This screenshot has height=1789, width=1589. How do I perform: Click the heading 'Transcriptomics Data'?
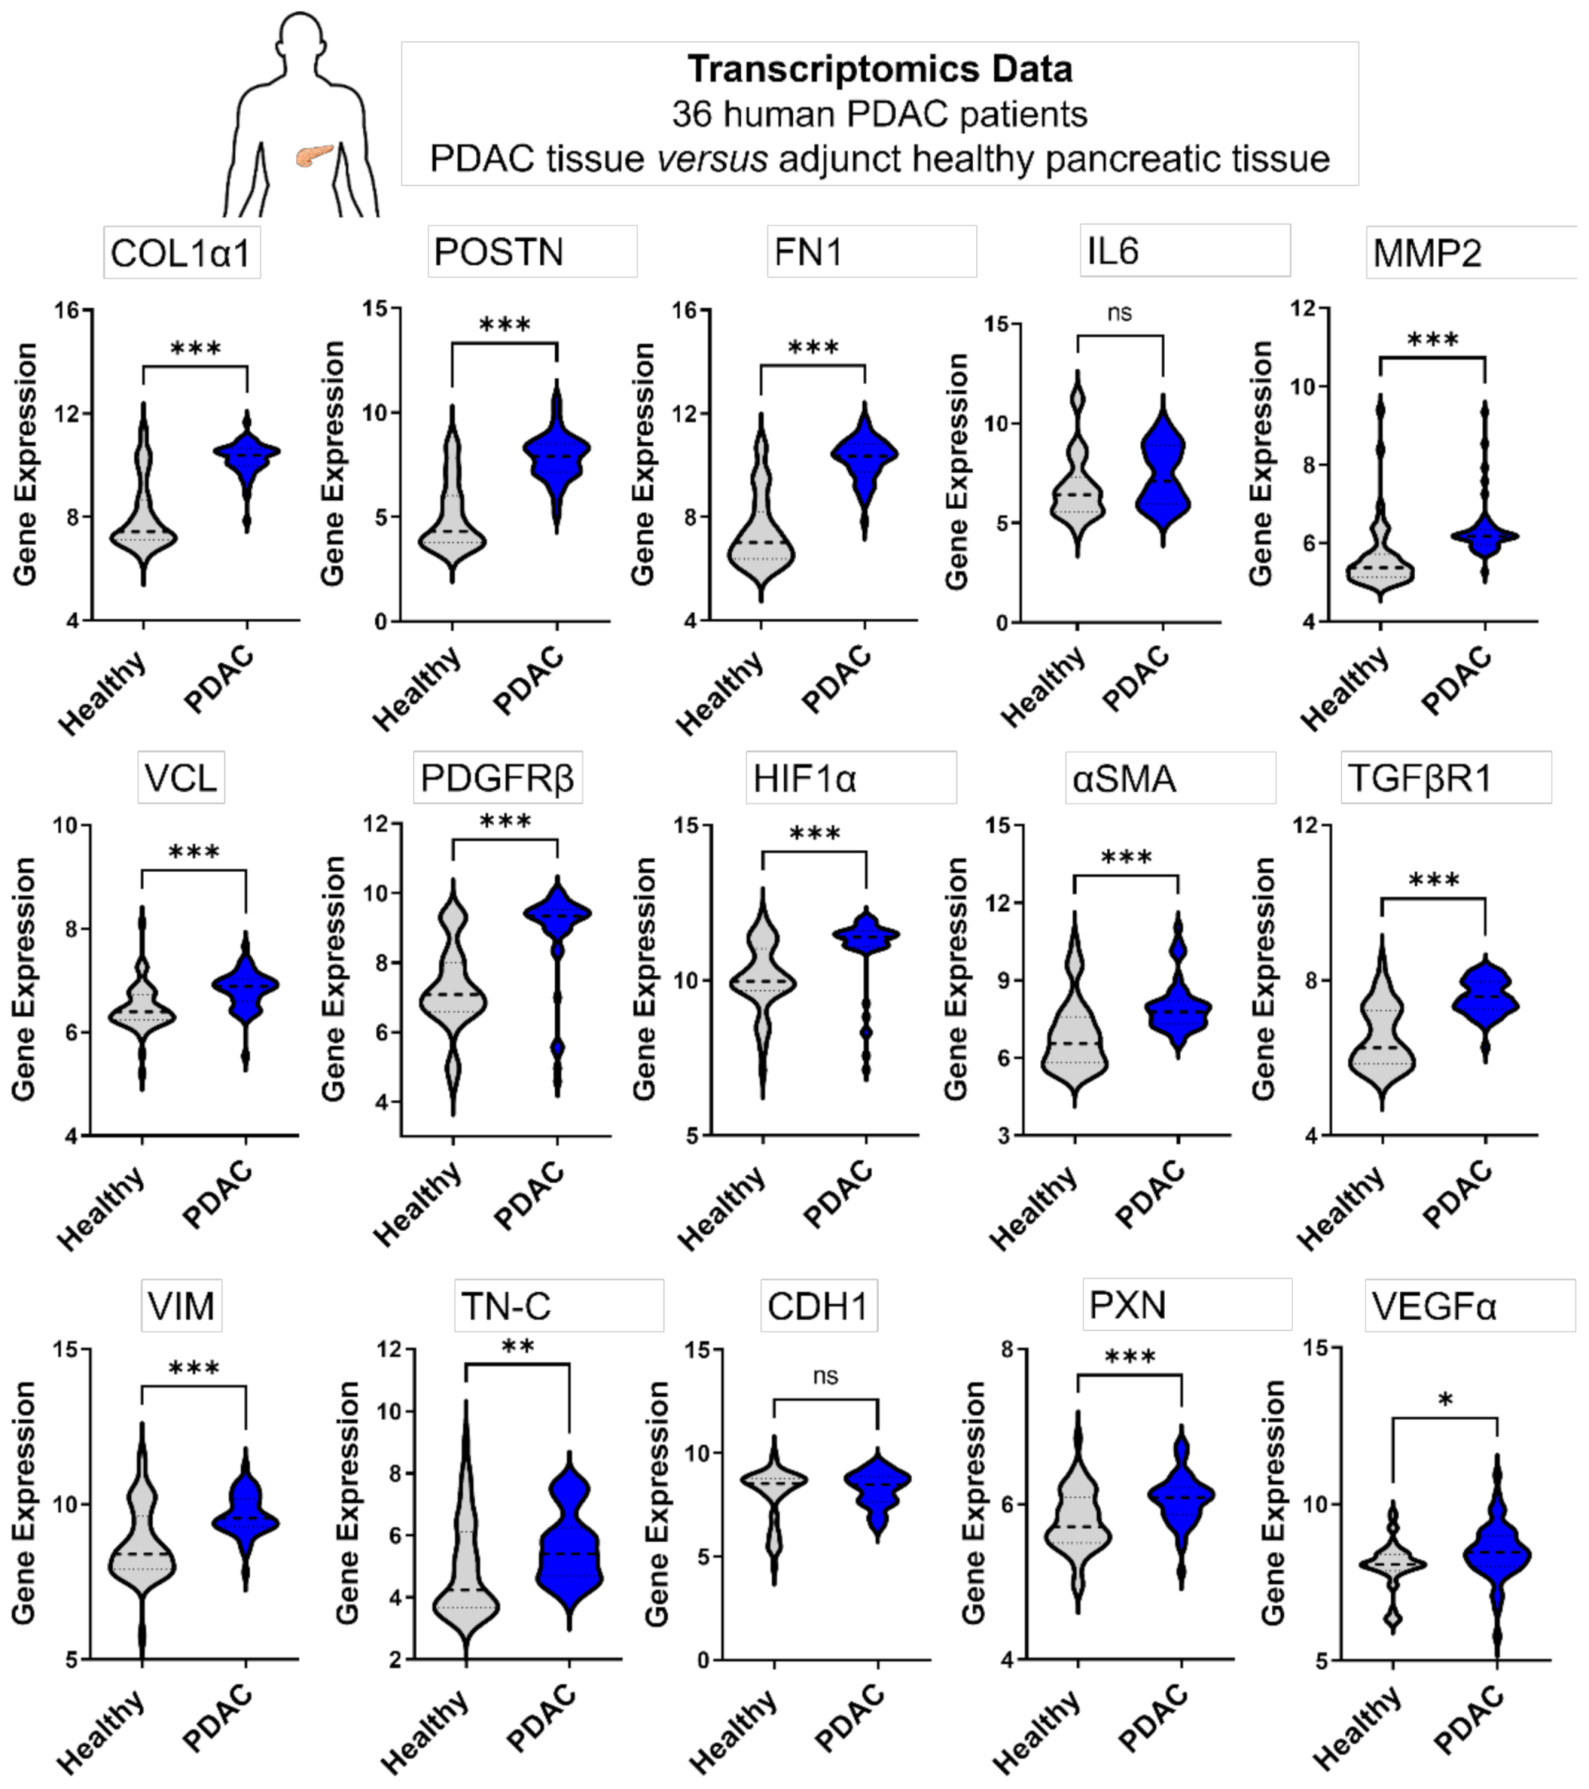pos(879,69)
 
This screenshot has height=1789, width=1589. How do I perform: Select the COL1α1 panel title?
pos(181,253)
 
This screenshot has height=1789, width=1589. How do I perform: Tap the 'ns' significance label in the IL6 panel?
pos(1120,313)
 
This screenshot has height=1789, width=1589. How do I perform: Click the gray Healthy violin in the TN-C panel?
pos(466,1576)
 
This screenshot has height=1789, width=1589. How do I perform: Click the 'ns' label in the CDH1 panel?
pos(826,1376)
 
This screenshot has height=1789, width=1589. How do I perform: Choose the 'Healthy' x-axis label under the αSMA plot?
pos(1033,1210)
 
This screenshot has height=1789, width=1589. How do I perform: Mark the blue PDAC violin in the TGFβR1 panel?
pos(1486,1002)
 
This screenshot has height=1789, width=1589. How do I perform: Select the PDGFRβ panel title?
pos(497,778)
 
